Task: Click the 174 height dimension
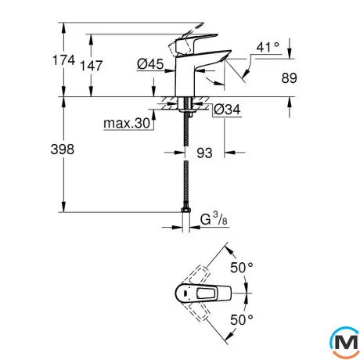click(x=64, y=60)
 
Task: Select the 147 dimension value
click(x=92, y=66)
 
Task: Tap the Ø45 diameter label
click(x=150, y=64)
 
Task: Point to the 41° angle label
click(x=268, y=47)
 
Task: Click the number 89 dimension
click(x=289, y=78)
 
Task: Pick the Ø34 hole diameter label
click(x=227, y=110)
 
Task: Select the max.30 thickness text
click(x=127, y=123)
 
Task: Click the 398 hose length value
click(x=63, y=149)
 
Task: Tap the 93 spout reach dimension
click(x=204, y=153)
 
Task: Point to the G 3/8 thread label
click(x=214, y=219)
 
